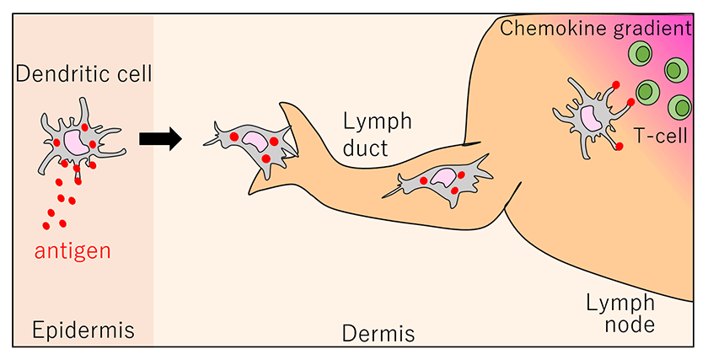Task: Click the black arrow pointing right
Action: pos(160,138)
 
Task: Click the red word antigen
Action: pos(72,250)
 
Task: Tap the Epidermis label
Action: pos(83,329)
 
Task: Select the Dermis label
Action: pos(378,334)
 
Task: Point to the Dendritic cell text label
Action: pos(84,74)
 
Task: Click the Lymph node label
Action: pos(619,312)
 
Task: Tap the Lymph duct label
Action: pos(377,135)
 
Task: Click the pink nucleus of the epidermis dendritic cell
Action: pos(74,140)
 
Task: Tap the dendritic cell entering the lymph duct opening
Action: pos(254,145)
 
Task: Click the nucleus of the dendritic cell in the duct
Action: pos(442,177)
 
